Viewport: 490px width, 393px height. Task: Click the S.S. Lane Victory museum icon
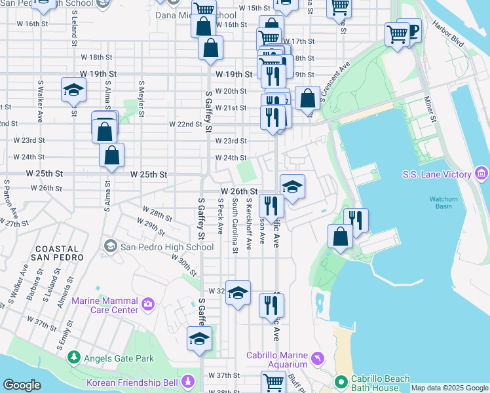pos(481,174)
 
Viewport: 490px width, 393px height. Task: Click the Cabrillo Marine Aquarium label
pos(276,360)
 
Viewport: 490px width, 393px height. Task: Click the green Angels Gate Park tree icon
pos(74,358)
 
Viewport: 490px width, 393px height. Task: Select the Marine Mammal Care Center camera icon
pos(149,304)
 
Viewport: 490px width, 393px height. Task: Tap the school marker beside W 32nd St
pos(238,293)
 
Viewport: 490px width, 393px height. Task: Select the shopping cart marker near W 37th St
pos(273,381)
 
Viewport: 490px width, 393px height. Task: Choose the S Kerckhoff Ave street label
pos(249,224)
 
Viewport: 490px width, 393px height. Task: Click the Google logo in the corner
pos(22,385)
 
